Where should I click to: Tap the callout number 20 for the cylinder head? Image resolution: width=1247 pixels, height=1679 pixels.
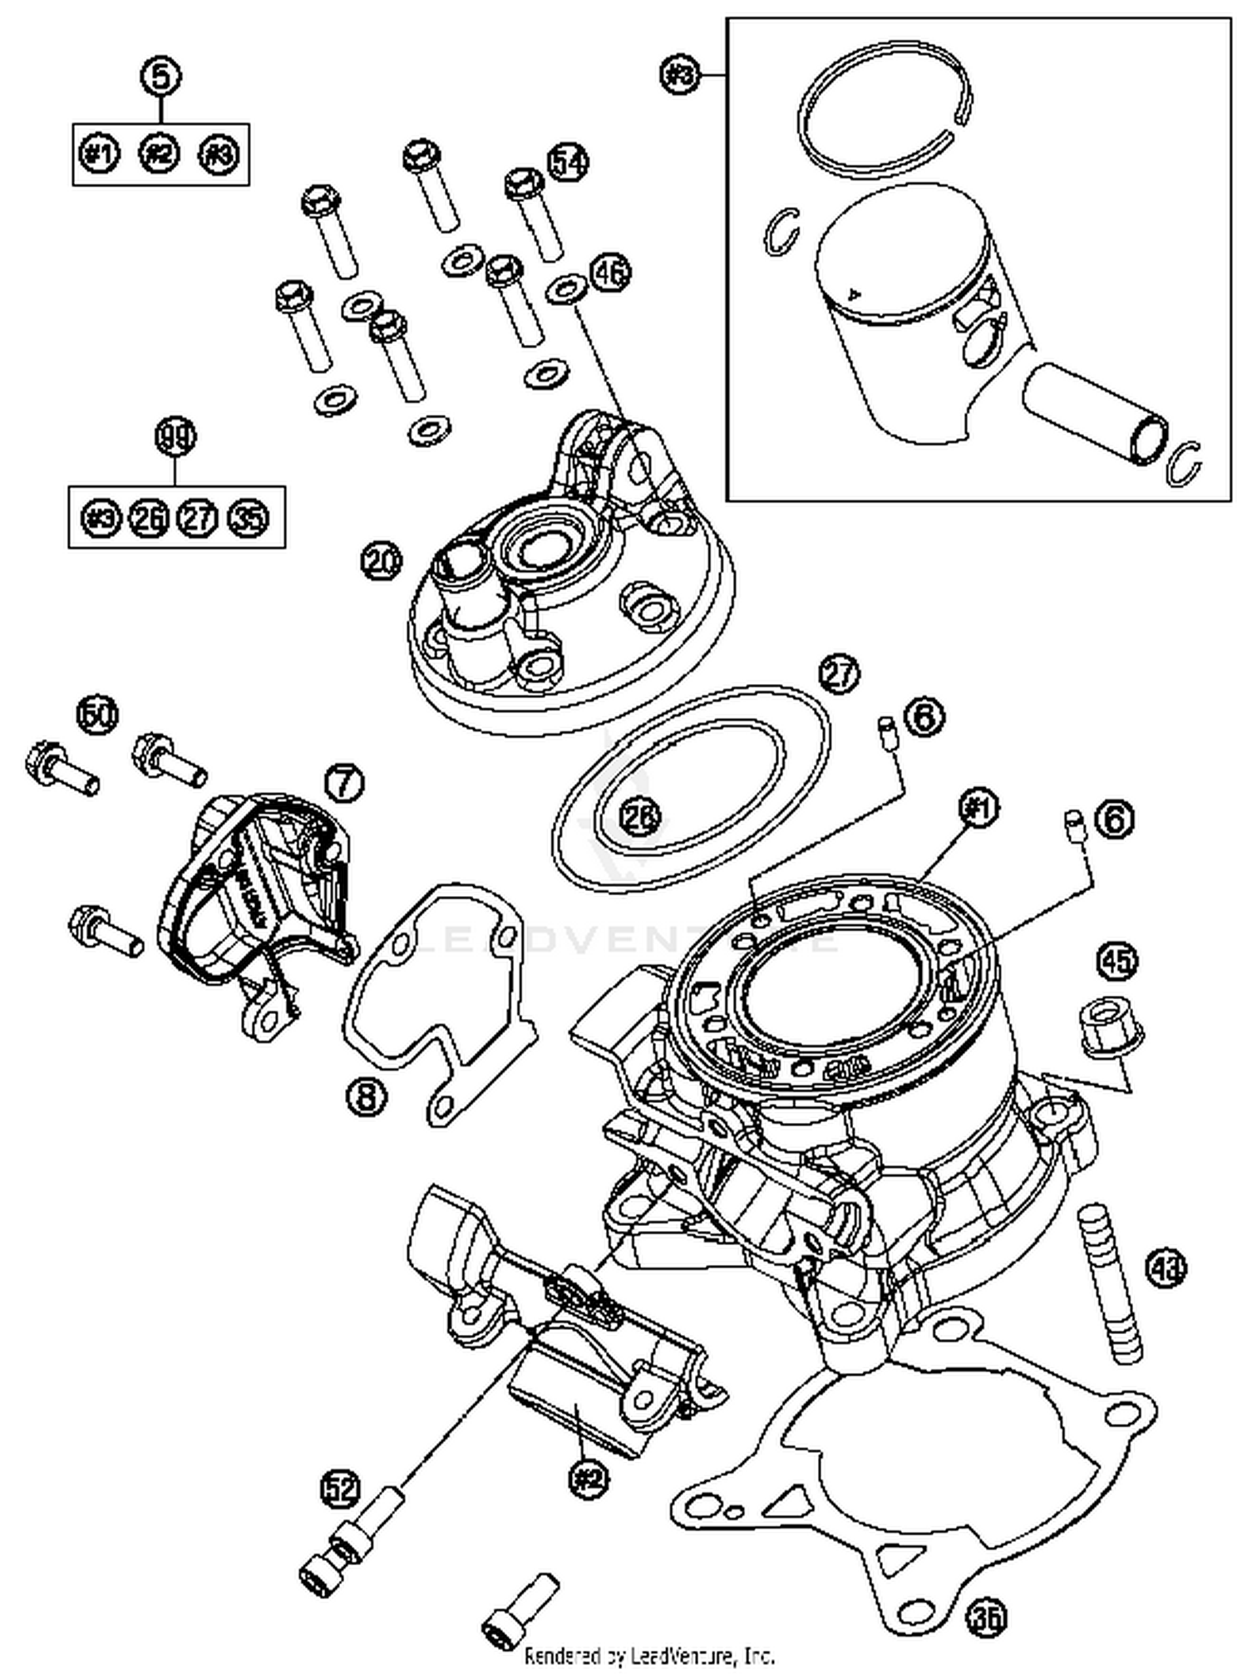(x=381, y=562)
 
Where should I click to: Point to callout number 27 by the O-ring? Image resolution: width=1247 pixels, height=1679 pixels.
(x=839, y=672)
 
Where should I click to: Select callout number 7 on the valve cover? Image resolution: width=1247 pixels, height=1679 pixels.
(x=344, y=782)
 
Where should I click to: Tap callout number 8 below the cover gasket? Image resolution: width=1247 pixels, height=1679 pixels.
(x=367, y=1097)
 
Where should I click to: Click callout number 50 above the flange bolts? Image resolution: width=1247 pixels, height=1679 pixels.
(x=98, y=713)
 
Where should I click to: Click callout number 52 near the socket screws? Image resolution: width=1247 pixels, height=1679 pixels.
(x=341, y=1486)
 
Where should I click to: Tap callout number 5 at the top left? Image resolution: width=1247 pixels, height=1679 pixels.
(x=161, y=76)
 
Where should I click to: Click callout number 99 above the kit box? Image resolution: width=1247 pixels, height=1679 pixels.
(x=175, y=437)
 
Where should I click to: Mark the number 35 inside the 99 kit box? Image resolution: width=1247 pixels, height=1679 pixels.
(x=248, y=519)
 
